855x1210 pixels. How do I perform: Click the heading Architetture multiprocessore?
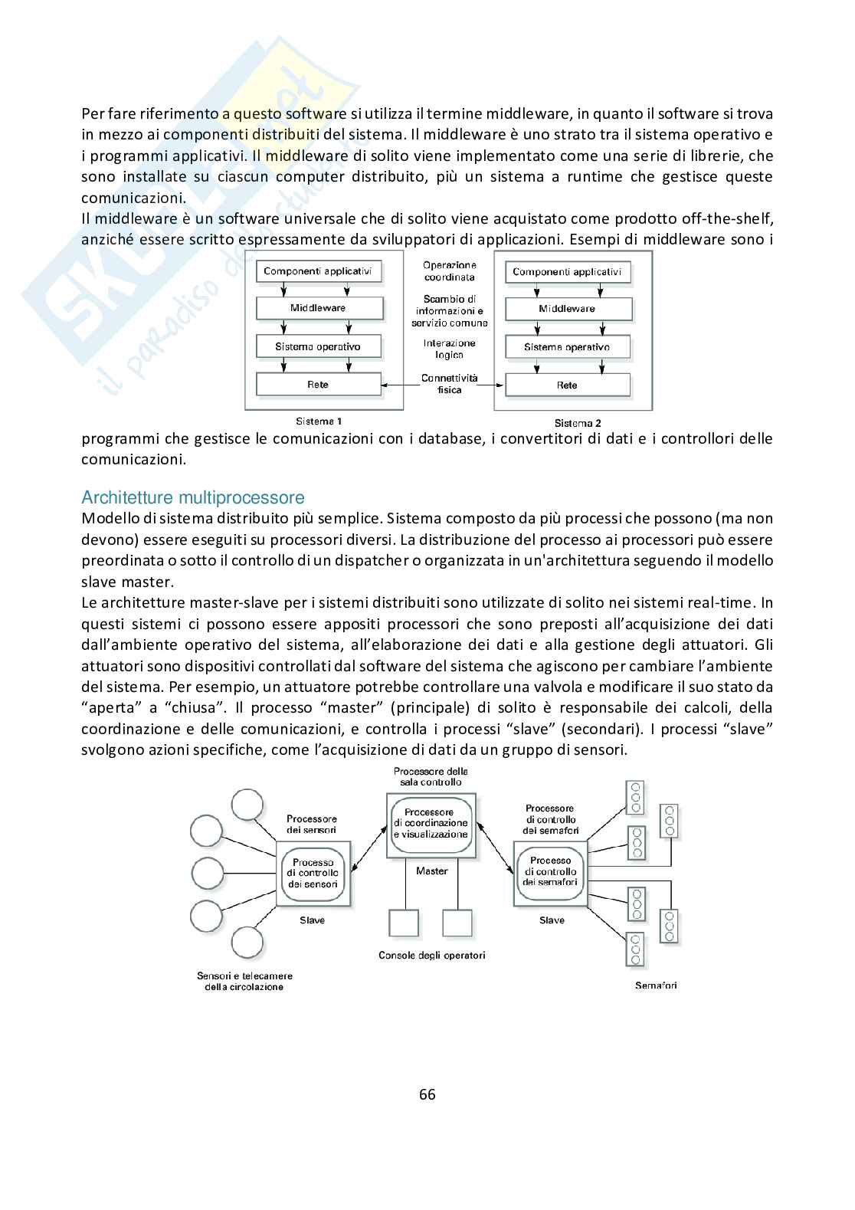pyautogui.click(x=192, y=497)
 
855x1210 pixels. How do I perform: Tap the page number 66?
pyautogui.click(x=427, y=1094)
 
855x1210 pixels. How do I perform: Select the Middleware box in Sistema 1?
pyautogui.click(x=318, y=308)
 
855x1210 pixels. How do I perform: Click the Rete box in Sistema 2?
pyautogui.click(x=567, y=385)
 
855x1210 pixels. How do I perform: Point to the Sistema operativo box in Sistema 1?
pyautogui.click(x=318, y=346)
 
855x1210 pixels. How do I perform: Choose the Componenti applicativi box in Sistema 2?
pyautogui.click(x=567, y=272)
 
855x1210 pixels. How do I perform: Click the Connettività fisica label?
pyautogui.click(x=450, y=384)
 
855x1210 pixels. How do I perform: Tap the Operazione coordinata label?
pyautogui.click(x=450, y=271)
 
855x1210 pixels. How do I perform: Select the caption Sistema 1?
pyautogui.click(x=319, y=421)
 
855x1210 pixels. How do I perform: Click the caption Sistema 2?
pyautogui.click(x=578, y=423)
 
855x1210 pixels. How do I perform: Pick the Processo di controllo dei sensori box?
pyautogui.click(x=313, y=873)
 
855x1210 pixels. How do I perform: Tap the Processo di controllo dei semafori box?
pyautogui.click(x=551, y=871)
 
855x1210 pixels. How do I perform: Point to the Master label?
pyautogui.click(x=431, y=871)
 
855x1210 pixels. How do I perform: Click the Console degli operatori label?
pyautogui.click(x=431, y=955)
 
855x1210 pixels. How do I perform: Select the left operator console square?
pyautogui.click(x=404, y=923)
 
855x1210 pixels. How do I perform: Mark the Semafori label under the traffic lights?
pyautogui.click(x=656, y=985)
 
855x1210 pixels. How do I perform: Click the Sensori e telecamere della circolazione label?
pyautogui.click(x=244, y=982)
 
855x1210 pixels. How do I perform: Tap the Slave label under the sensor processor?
pyautogui.click(x=312, y=920)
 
